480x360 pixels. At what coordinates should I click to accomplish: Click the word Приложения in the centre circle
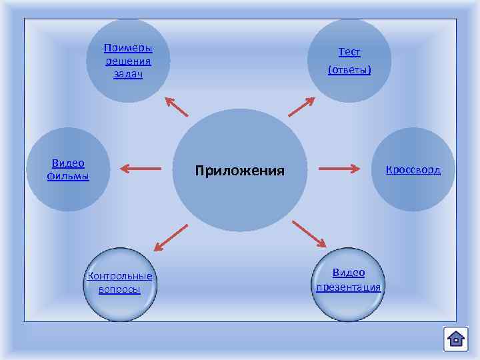239,171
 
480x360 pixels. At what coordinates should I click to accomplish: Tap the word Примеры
128,49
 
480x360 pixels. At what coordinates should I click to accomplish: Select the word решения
128,61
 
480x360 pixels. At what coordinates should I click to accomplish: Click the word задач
128,74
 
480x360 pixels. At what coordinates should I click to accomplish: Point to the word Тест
349,52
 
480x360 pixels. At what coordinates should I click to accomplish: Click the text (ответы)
349,69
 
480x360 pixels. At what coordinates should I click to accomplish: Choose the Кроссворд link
413,169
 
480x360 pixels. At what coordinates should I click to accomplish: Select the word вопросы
119,289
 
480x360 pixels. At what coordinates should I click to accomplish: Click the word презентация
349,287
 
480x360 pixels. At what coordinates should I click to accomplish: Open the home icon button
456,339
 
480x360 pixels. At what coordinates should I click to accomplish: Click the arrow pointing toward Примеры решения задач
177,107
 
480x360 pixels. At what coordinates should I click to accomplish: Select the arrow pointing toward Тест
301,107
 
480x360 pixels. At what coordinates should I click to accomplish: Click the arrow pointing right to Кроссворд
340,169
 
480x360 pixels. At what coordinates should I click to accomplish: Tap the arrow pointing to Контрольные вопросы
170,237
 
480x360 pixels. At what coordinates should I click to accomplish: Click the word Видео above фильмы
69,163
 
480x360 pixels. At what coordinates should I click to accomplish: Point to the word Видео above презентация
349,273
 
